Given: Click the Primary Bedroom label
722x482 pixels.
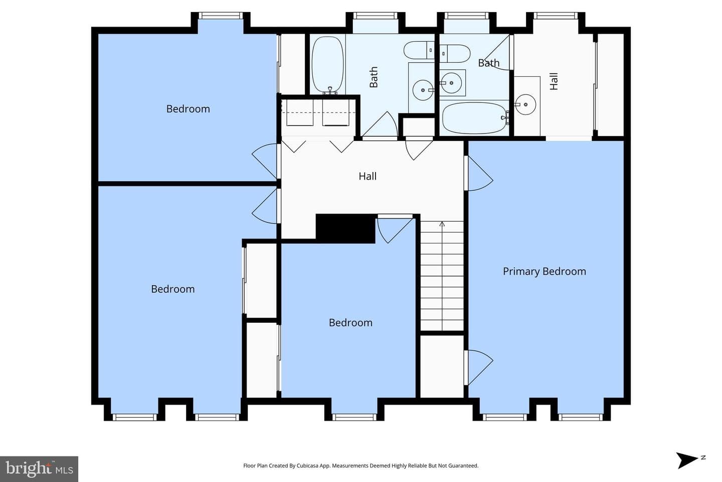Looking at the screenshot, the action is pyautogui.click(x=545, y=272).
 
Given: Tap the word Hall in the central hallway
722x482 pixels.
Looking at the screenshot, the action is pyautogui.click(x=368, y=176).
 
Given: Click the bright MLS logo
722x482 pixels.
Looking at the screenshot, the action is pyautogui.click(x=39, y=469).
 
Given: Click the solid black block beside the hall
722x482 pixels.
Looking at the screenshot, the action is pyautogui.click(x=345, y=228).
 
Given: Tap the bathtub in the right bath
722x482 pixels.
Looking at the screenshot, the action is pyautogui.click(x=475, y=118).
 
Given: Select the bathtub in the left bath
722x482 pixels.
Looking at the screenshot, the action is pyautogui.click(x=328, y=65).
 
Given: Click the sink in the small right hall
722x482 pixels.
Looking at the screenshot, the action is pyautogui.click(x=525, y=104).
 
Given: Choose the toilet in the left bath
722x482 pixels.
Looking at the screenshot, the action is pyautogui.click(x=419, y=50).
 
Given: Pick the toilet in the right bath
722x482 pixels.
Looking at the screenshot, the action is pyautogui.click(x=455, y=54).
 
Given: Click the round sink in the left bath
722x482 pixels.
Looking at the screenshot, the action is pyautogui.click(x=423, y=90).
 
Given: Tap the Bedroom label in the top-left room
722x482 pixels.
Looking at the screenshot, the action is pyautogui.click(x=188, y=109).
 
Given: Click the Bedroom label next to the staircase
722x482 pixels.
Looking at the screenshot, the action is pyautogui.click(x=350, y=322).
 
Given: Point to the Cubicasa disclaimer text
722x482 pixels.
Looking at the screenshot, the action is pyautogui.click(x=360, y=465).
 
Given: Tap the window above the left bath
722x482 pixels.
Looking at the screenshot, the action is pyautogui.click(x=375, y=16).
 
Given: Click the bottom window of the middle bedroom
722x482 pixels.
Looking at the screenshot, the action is pyautogui.click(x=354, y=417).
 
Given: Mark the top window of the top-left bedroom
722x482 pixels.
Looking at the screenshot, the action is pyautogui.click(x=221, y=16).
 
